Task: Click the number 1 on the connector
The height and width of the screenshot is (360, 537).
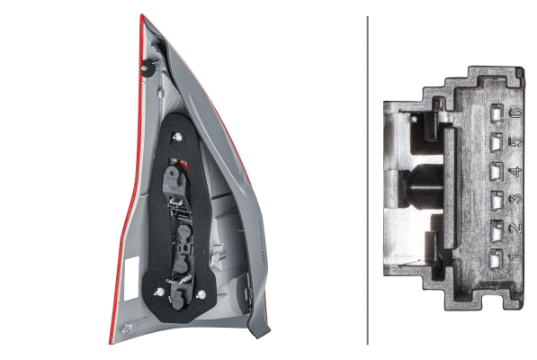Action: (515, 256)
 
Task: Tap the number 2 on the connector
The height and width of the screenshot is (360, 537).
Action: (515, 228)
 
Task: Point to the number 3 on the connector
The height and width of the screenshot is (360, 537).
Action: (515, 199)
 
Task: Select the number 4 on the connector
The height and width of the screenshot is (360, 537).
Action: (515, 171)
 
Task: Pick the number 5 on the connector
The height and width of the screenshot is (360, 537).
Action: (515, 141)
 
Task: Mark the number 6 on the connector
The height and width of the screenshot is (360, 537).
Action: (515, 112)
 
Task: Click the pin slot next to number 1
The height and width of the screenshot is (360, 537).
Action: (497, 258)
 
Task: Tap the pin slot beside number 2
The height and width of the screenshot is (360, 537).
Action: (497, 230)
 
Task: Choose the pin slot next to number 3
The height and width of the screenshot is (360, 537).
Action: (497, 201)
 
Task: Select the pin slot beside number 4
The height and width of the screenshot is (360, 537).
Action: (497, 171)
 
